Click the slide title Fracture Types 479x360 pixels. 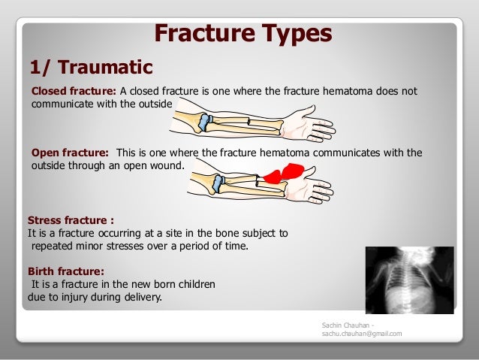pyautogui.click(x=243, y=34)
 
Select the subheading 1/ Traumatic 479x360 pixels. pyautogui.click(x=90, y=68)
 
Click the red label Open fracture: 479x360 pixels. pyautogui.click(x=70, y=153)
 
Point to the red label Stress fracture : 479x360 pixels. pyautogui.click(x=71, y=221)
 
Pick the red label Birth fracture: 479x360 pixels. pyautogui.click(x=65, y=271)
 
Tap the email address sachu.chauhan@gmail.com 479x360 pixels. pyautogui.click(x=361, y=333)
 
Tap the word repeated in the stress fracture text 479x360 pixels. pyautogui.click(x=53, y=246)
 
